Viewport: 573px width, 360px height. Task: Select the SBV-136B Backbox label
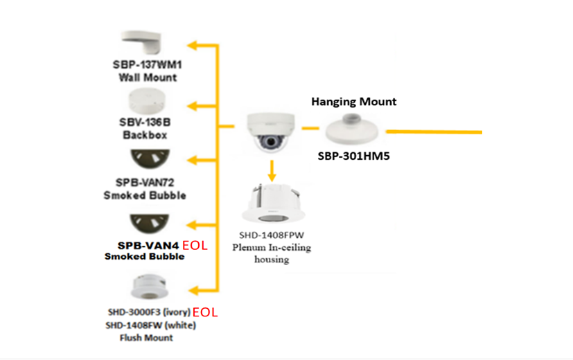pyautogui.click(x=145, y=122)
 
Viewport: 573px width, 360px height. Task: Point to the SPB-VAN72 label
pyautogui.click(x=145, y=183)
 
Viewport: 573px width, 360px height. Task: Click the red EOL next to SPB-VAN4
pyautogui.click(x=195, y=246)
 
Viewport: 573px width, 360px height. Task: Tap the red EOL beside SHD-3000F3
pyautogui.click(x=205, y=312)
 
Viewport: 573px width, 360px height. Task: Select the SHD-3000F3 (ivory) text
pyautogui.click(x=148, y=312)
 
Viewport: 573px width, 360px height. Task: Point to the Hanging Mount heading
pyautogui.click(x=353, y=102)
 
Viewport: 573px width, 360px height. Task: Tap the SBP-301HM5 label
pyautogui.click(x=353, y=156)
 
